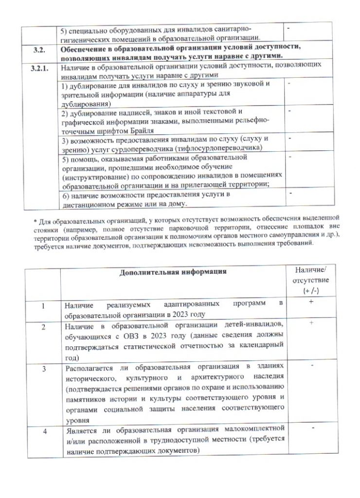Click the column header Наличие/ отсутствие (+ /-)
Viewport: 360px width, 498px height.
308,280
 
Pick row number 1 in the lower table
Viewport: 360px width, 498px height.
43,306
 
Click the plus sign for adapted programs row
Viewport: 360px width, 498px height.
309,302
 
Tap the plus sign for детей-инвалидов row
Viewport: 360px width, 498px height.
309,323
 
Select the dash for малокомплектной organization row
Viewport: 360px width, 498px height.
309,427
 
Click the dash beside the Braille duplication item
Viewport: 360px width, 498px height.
288,111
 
